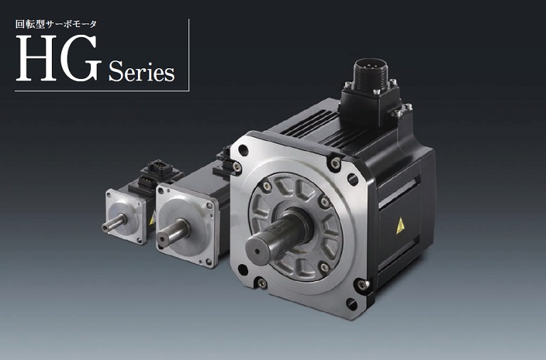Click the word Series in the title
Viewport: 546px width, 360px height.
tap(141, 71)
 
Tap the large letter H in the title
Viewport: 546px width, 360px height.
tap(36, 58)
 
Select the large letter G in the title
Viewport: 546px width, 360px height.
tap(80, 58)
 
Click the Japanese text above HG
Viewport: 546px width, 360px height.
tap(55, 24)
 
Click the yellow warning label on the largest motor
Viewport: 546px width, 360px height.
tap(400, 225)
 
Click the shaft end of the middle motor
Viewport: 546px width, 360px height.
tap(162, 239)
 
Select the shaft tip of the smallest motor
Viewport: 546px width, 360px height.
tap(105, 228)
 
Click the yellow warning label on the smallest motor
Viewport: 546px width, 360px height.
tap(152, 219)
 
